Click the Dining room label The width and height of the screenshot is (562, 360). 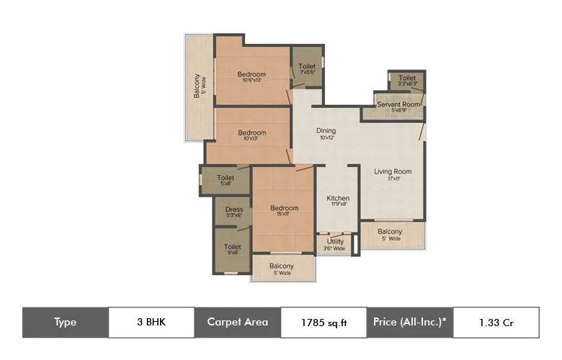tap(326, 131)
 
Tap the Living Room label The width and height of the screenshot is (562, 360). tap(393, 171)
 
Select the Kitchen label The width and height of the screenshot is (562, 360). tap(338, 198)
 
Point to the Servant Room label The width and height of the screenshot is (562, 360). tap(399, 104)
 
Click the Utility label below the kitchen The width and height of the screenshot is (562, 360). tap(335, 242)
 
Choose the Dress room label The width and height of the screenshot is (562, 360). tap(234, 210)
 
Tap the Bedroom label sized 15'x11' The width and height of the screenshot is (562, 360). tap(284, 209)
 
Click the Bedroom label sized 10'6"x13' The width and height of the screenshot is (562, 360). tap(251, 74)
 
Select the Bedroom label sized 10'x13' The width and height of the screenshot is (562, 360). tap(252, 132)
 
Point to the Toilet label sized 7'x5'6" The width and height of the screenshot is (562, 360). tap(307, 67)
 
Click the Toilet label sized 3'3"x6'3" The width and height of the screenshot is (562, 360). tap(407, 78)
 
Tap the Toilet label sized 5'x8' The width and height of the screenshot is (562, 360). tap(226, 178)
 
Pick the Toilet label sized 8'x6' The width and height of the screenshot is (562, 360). tap(232, 247)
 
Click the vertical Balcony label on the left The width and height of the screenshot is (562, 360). tap(196, 86)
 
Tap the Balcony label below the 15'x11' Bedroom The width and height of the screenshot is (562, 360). tap(282, 266)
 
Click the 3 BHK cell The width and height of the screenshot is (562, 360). tap(151, 322)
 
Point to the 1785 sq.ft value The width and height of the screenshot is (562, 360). tap(324, 322)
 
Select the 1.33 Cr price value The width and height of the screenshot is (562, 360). tap(495, 322)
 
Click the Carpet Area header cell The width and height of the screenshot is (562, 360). tap(237, 322)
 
